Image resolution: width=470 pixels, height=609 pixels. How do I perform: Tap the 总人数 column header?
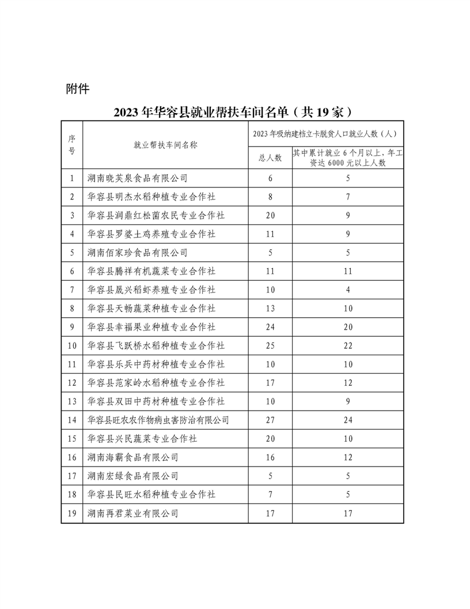coord(269,157)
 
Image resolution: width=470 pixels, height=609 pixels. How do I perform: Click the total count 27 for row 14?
coord(269,420)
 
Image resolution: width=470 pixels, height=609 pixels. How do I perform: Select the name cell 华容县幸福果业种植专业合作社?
coord(151,327)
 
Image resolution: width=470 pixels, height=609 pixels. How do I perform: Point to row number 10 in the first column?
coord(72,345)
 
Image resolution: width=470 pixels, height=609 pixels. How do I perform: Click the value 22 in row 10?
coord(348,345)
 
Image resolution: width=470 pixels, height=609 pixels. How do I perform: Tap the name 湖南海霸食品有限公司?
coord(132,457)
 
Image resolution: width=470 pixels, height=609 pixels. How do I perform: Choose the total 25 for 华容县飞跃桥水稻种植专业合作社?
coord(269,345)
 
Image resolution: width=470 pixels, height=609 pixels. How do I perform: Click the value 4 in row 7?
coord(348,290)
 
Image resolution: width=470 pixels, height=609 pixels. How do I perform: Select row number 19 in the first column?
coord(72,513)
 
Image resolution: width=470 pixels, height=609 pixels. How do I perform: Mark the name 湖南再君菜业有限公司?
coord(132,513)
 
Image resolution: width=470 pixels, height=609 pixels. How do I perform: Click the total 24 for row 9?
coord(269,327)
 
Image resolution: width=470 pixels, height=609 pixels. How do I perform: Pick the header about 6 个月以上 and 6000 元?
coord(347,157)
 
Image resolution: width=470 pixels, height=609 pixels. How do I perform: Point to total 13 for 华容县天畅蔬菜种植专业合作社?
coord(269,309)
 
